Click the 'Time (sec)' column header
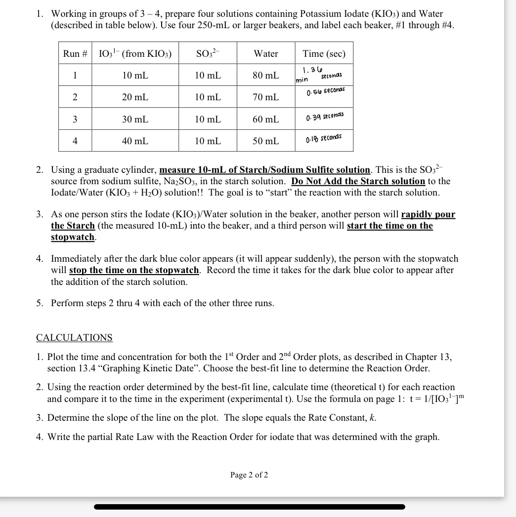pos(324,53)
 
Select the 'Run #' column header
pos(75,53)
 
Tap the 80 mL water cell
pos(266,76)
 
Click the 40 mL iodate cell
pos(135,141)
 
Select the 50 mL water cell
pos(266,141)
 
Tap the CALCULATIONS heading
pos(74,338)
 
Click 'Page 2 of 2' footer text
pos(249,475)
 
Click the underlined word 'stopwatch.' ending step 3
pos(73,237)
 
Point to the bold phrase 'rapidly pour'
pos(428,214)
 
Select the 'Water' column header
pos(266,53)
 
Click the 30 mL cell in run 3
pos(135,119)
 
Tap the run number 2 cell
pos(75,97)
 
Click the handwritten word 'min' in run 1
pos(302,80)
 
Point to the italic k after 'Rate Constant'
pos(373,418)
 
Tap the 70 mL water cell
pos(266,97)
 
